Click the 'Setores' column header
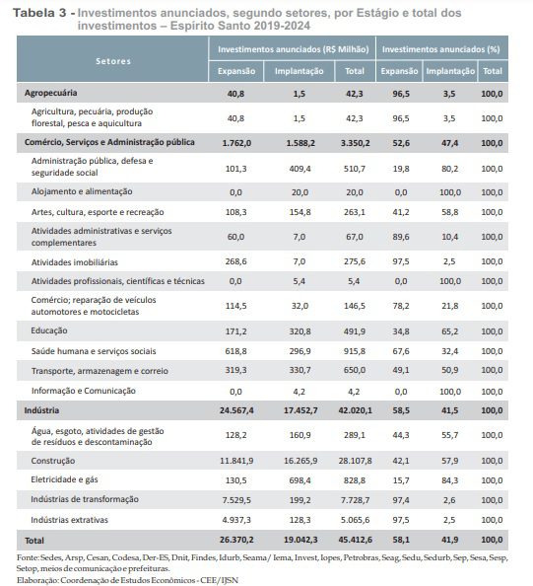tap(113, 60)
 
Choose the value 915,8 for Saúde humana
tap(351, 352)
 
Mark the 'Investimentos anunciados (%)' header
tap(442, 48)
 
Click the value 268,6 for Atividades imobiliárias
tap(234, 261)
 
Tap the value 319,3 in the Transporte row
tap(234, 370)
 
